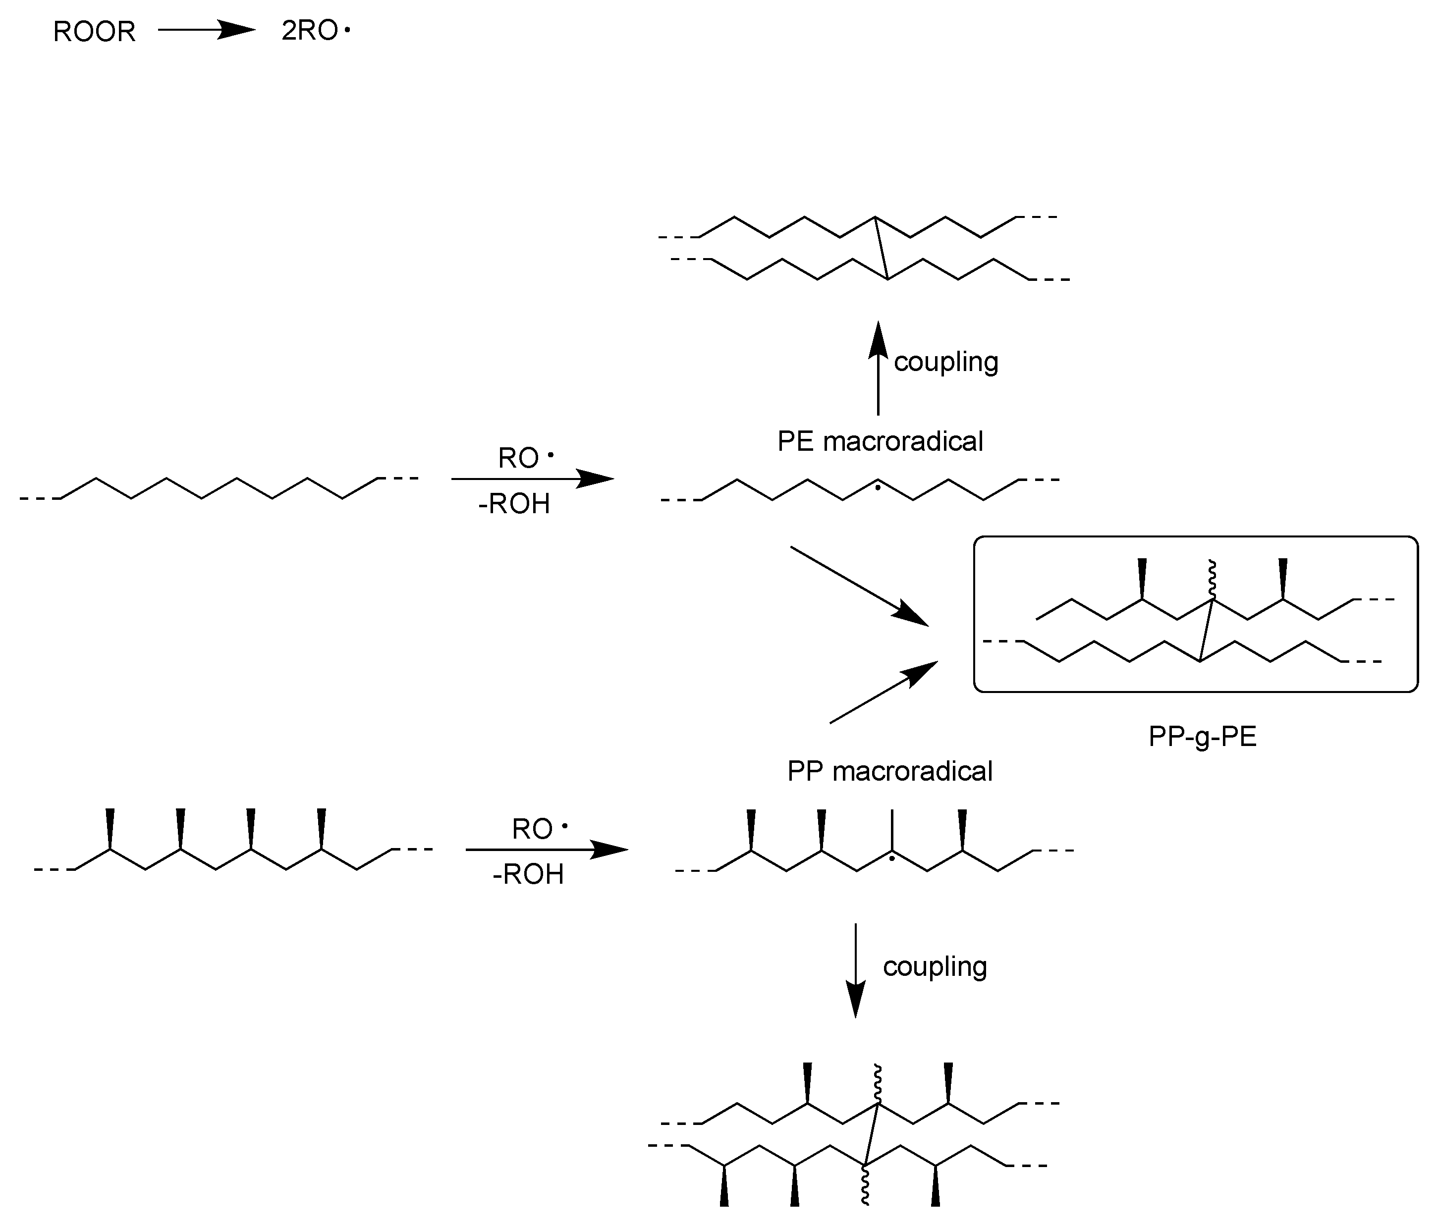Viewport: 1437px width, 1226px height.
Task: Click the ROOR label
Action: click(x=94, y=32)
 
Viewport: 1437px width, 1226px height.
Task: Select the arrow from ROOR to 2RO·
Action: click(x=207, y=30)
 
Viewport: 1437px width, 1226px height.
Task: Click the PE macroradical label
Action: click(x=880, y=441)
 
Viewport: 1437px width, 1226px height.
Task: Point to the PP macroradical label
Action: click(x=890, y=771)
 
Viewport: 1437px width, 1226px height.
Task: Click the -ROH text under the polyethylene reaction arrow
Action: click(x=514, y=504)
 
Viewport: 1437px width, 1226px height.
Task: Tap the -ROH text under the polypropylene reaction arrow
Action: click(x=528, y=874)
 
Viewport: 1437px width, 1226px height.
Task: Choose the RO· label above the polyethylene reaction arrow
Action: click(x=525, y=458)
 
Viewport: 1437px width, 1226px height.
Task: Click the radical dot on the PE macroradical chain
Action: click(x=878, y=488)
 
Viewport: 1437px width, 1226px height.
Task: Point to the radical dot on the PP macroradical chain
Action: click(x=892, y=859)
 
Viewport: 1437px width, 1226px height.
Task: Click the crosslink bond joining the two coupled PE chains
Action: click(x=882, y=248)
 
